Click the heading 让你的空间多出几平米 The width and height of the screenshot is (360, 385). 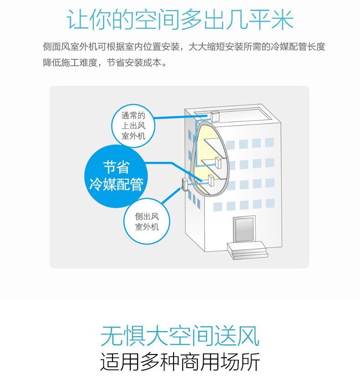tap(180, 20)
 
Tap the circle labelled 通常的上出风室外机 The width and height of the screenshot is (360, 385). tap(133, 126)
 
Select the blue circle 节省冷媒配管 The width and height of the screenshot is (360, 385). tap(116, 176)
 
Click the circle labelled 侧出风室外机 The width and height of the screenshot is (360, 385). tap(147, 222)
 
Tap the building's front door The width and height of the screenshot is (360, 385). tap(244, 229)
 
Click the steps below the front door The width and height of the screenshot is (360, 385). tap(247, 250)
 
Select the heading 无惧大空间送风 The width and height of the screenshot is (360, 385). tap(180, 336)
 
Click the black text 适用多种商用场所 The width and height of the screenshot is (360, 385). tap(180, 362)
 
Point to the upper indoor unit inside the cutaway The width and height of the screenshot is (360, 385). tap(218, 163)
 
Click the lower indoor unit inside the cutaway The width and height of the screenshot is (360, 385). tap(211, 180)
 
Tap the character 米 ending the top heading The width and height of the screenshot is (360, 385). tap(283, 20)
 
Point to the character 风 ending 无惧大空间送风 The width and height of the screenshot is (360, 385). tap(249, 336)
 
